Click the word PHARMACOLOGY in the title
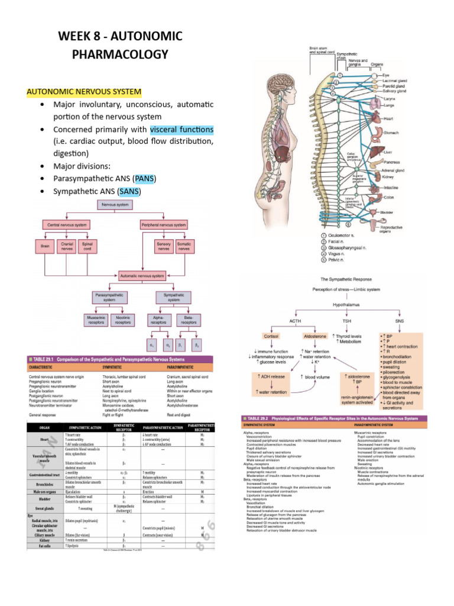pyautogui.click(x=120, y=54)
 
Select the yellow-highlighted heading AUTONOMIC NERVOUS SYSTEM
pyautogui.click(x=83, y=92)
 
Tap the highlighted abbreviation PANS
pyautogui.click(x=144, y=178)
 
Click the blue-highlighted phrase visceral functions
pyautogui.click(x=181, y=130)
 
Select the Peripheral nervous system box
pyautogui.click(x=164, y=225)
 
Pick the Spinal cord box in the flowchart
pyautogui.click(x=87, y=246)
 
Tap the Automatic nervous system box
pyautogui.click(x=141, y=275)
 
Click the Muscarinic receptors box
pyautogui.click(x=95, y=320)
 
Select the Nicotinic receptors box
pyautogui.click(x=123, y=320)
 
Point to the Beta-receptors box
pyautogui.click(x=189, y=320)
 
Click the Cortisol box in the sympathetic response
pyautogui.click(x=270, y=336)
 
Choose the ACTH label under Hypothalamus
pyautogui.click(x=295, y=320)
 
